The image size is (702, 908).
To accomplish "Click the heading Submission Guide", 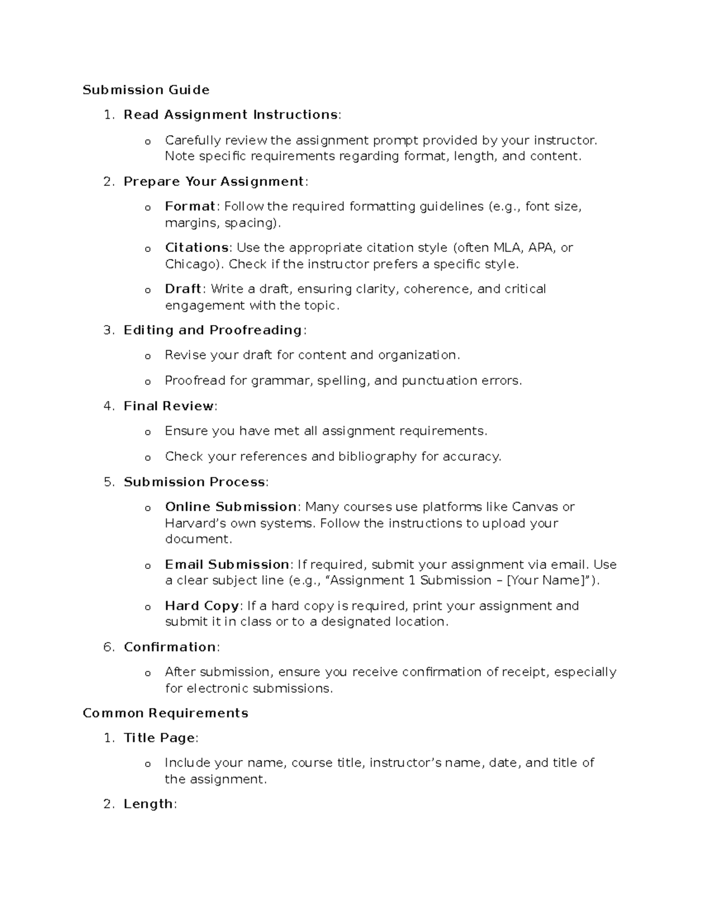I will click(x=146, y=90).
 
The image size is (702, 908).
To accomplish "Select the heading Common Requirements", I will click(x=166, y=713).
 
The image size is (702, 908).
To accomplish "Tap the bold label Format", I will click(x=190, y=206).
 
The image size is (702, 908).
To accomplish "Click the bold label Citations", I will click(x=197, y=248).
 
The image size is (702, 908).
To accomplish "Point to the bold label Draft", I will click(x=183, y=289).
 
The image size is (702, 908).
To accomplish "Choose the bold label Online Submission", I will click(x=231, y=507).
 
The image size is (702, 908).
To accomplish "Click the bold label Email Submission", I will click(x=227, y=565).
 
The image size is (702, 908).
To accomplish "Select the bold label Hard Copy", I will click(x=202, y=606).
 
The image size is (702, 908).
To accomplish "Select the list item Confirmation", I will click(x=170, y=647).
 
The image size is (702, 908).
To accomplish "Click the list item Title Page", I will click(x=159, y=738).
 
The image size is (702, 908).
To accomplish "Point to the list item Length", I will click(x=149, y=805).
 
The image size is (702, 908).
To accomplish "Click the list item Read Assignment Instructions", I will click(x=230, y=115).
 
